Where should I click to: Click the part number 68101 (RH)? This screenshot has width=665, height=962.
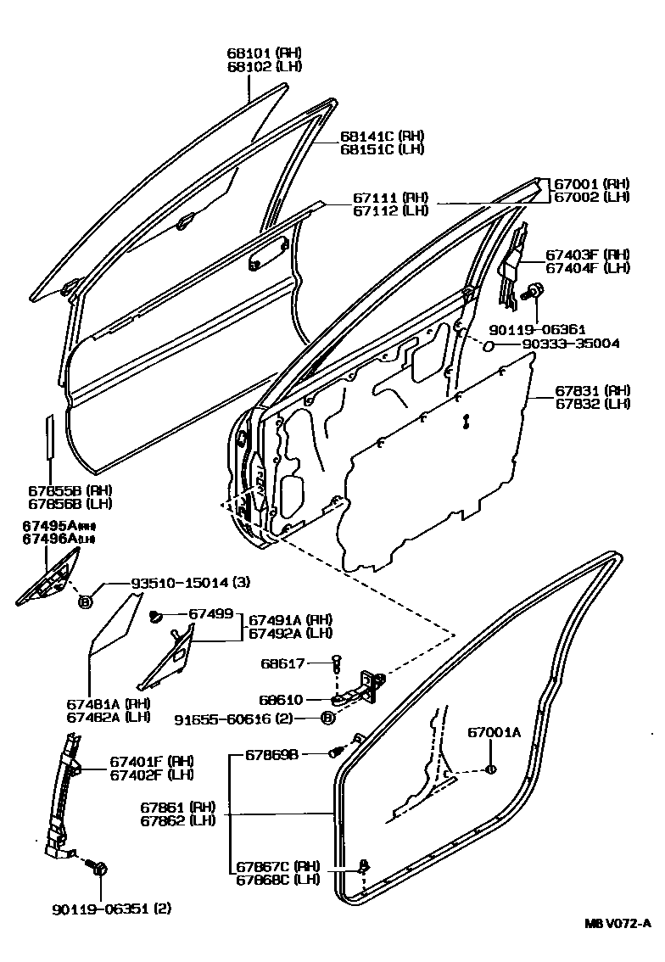click(x=264, y=52)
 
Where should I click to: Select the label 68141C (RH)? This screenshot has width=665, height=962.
click(x=382, y=136)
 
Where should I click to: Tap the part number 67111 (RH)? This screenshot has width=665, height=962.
click(x=391, y=197)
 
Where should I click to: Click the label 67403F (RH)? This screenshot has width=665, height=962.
click(x=587, y=254)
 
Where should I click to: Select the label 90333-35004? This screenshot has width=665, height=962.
click(x=558, y=344)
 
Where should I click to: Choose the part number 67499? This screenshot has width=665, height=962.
click(x=211, y=613)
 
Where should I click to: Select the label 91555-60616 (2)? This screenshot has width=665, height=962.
click(x=240, y=719)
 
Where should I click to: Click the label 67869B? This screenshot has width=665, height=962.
click(x=272, y=753)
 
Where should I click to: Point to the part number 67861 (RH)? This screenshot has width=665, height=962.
click(x=178, y=807)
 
